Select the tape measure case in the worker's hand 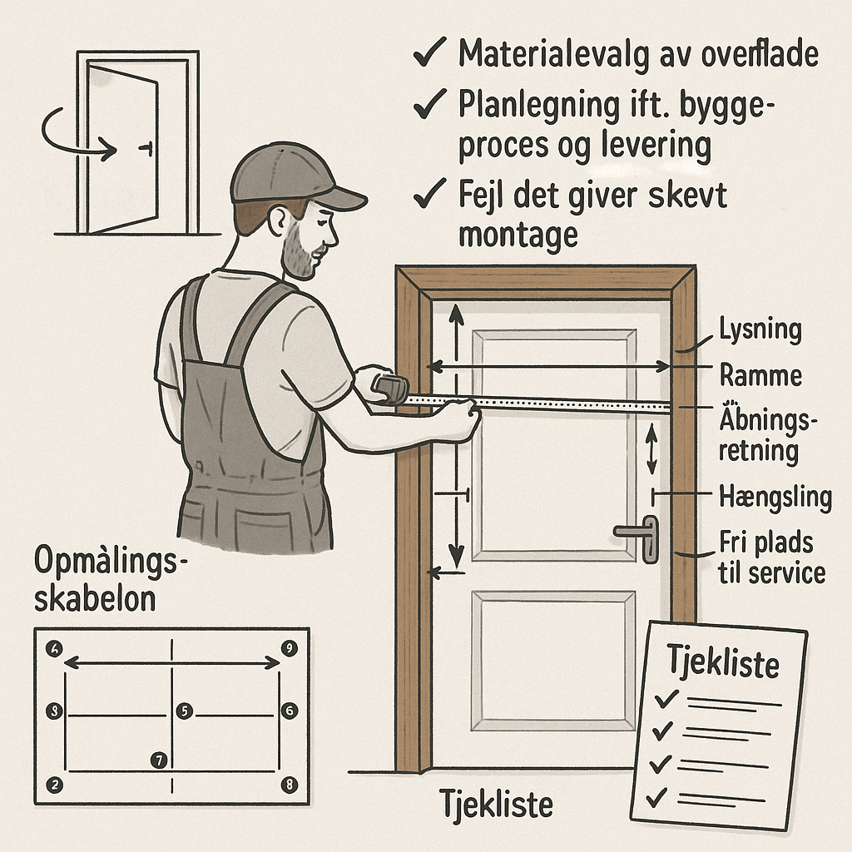pyautogui.click(x=390, y=388)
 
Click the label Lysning pyautogui.click(x=760, y=330)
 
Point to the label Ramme pyautogui.click(x=760, y=375)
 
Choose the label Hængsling pyautogui.click(x=775, y=498)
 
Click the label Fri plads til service pyautogui.click(x=772, y=557)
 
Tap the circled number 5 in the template pyautogui.click(x=185, y=711)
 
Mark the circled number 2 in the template pyautogui.click(x=56, y=785)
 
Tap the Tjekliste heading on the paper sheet pyautogui.click(x=724, y=665)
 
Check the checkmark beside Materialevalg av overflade pyautogui.click(x=430, y=56)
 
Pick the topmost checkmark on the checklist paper pyautogui.click(x=667, y=697)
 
